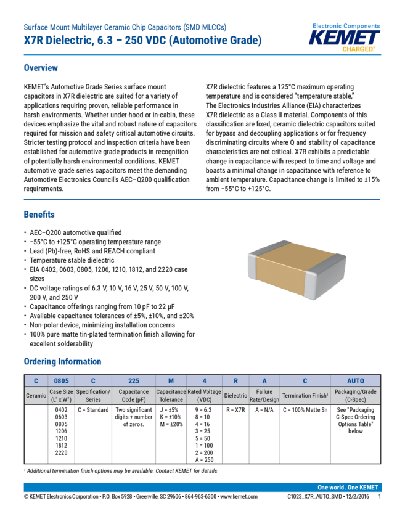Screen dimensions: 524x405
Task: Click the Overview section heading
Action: click(41, 68)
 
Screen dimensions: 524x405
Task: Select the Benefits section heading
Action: click(39, 215)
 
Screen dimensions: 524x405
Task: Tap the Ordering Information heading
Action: click(62, 361)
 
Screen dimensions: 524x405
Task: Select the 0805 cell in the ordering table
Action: click(61, 381)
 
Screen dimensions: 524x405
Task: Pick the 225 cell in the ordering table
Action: click(134, 381)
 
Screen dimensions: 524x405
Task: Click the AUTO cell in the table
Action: click(356, 381)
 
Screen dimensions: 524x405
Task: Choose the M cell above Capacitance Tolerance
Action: click(171, 381)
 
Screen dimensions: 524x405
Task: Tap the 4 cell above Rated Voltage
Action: click(204, 381)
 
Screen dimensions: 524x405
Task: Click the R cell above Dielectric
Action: click(235, 381)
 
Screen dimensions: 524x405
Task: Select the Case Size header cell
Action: click(61, 395)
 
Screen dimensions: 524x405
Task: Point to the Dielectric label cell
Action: click(235, 395)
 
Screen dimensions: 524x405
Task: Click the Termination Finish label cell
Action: click(305, 395)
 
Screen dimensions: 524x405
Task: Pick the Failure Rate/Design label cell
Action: click(264, 395)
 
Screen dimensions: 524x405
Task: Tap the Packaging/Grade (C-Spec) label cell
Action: click(356, 395)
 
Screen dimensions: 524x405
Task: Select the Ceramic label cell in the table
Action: click(36, 395)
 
